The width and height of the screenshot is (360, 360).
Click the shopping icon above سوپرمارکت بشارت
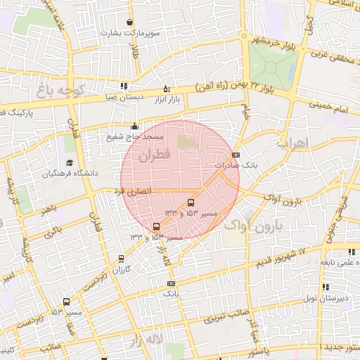(x=130, y=22)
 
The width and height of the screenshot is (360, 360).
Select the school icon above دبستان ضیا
(x=124, y=86)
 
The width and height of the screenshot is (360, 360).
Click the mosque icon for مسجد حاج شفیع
(x=135, y=126)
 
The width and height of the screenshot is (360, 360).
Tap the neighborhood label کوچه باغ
(x=61, y=91)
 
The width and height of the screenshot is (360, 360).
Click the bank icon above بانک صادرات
(x=235, y=155)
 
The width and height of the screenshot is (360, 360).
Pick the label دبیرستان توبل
(x=335, y=298)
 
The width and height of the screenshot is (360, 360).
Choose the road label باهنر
(x=48, y=210)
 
